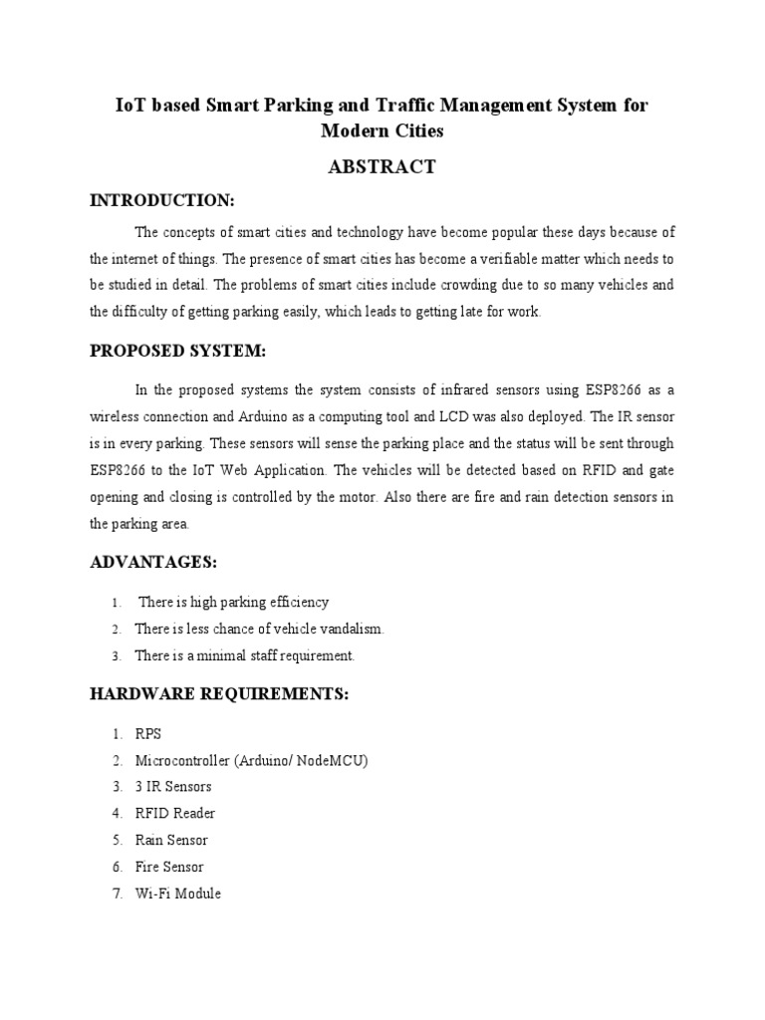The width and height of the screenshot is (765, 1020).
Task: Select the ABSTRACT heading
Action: point(382,167)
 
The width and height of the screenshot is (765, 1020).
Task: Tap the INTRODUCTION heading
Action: point(162,201)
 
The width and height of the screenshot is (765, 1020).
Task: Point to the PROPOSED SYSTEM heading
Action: point(178,352)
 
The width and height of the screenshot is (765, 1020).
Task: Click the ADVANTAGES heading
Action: point(153,563)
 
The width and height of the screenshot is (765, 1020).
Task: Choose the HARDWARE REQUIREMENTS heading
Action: point(219,694)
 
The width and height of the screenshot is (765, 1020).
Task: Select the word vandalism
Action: point(351,629)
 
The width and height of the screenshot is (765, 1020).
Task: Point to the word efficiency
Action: point(296,602)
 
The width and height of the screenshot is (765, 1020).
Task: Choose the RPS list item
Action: point(148,734)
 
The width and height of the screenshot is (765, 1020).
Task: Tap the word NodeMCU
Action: point(330,761)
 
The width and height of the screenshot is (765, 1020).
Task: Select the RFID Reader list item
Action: point(175,814)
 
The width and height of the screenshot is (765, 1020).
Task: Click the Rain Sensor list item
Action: point(172,841)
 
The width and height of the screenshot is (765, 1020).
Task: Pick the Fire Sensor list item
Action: point(169,868)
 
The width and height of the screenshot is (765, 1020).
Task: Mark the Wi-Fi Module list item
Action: point(178,893)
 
